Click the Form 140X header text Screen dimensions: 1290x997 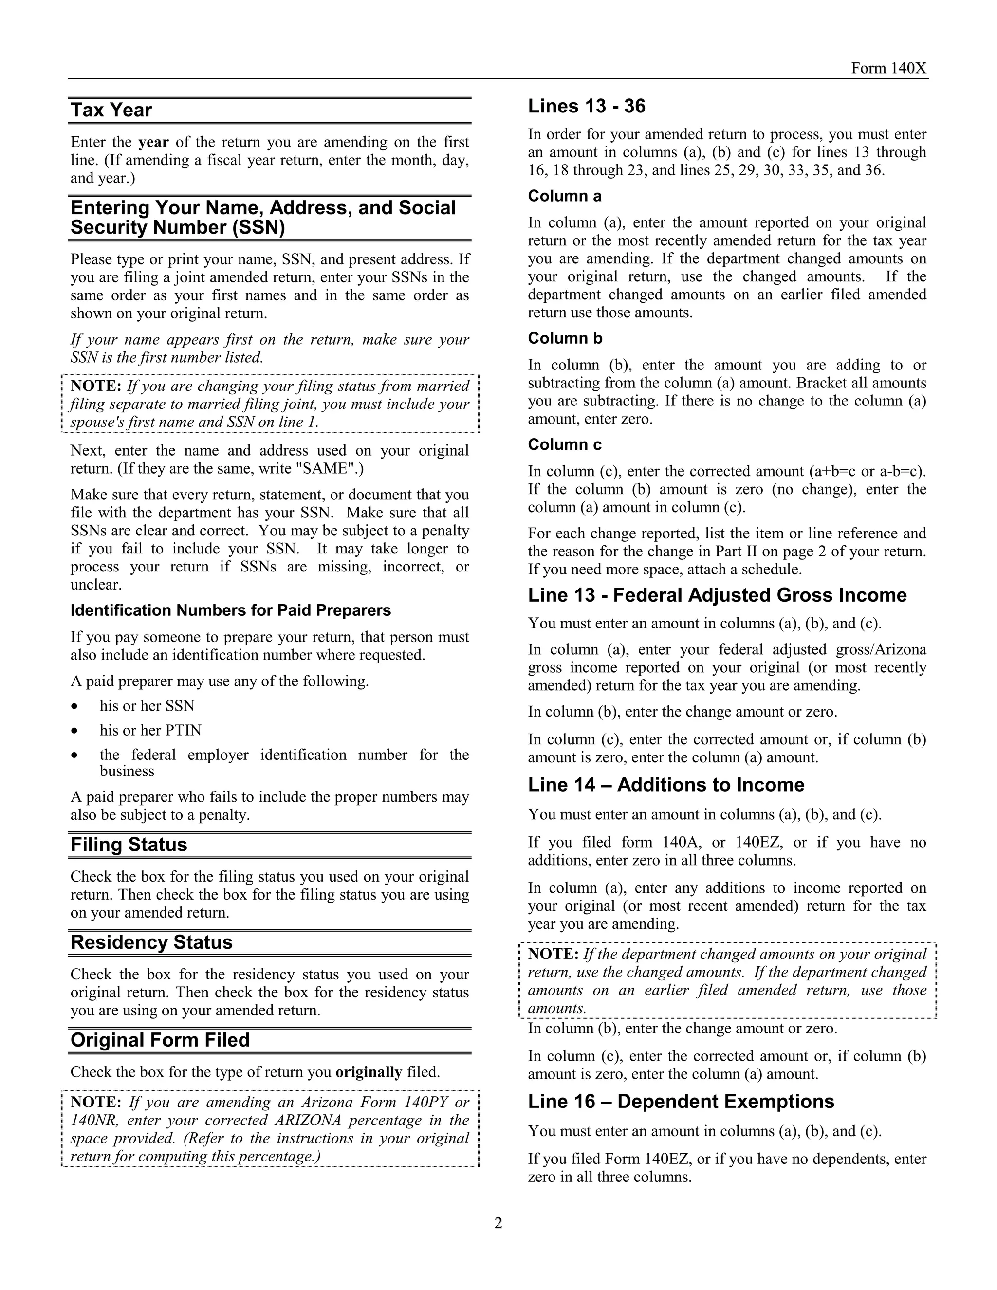click(889, 69)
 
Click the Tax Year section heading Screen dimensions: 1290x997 click(111, 111)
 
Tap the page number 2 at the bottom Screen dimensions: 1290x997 click(498, 1223)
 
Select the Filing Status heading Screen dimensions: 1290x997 click(129, 845)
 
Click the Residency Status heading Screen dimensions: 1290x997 click(151, 942)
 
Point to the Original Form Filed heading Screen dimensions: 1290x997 click(160, 1040)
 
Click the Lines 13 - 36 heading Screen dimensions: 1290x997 click(586, 106)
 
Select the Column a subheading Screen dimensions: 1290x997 click(564, 196)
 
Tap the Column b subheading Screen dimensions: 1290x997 click(565, 338)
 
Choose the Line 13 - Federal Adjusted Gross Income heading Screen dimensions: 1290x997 click(717, 595)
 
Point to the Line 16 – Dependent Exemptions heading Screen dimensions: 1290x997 click(681, 1102)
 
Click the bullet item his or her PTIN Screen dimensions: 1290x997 click(150, 731)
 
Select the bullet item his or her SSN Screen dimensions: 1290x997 click(147, 706)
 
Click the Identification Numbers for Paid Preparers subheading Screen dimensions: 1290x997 click(230, 610)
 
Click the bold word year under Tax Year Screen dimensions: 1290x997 click(153, 142)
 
